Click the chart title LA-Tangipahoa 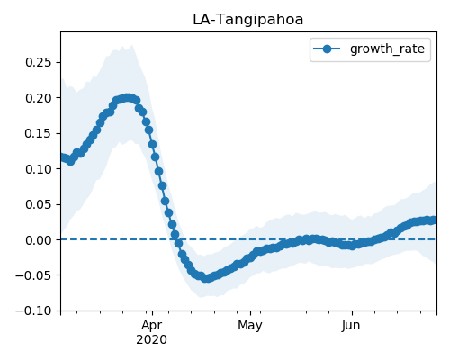point(247,20)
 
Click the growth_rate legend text point(387,49)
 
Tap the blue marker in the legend point(327,49)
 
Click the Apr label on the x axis point(152,326)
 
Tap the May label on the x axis point(250,326)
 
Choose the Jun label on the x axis point(351,326)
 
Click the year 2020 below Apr point(152,340)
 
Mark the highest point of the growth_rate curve point(128,98)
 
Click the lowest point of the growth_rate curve point(206,278)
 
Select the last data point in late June point(434,220)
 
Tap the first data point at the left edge point(62,157)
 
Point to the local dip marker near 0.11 point(70,161)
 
